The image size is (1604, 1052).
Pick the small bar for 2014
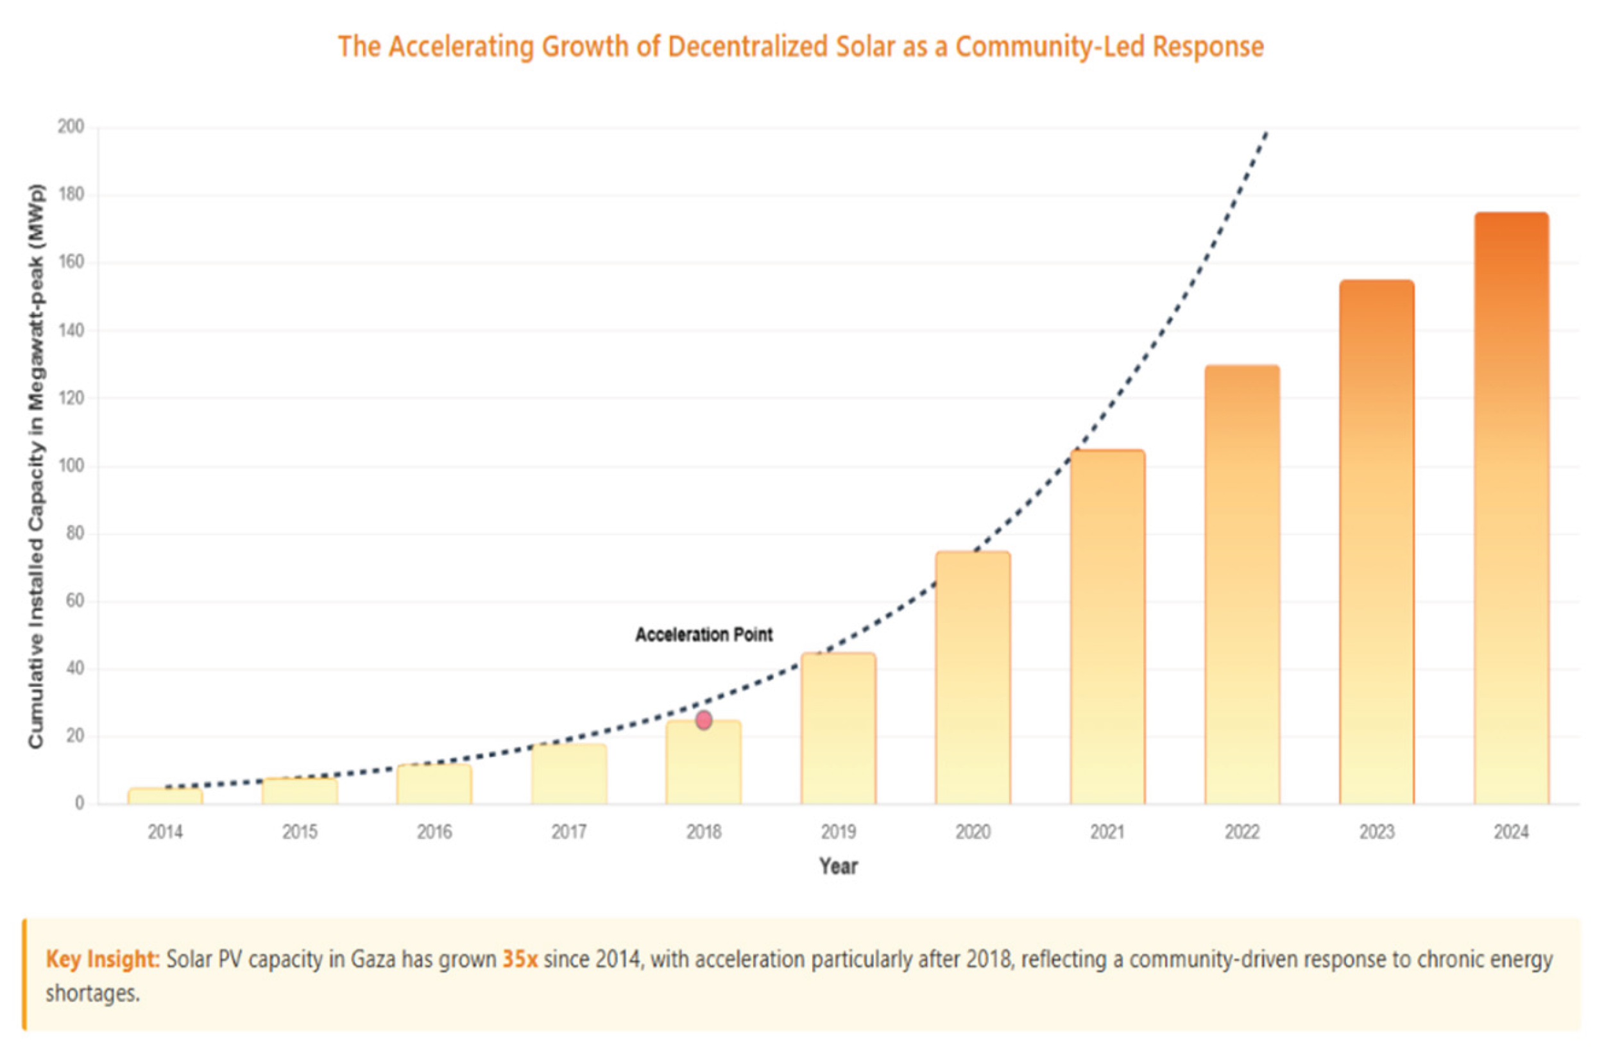click(165, 796)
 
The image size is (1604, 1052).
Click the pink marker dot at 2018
click(704, 720)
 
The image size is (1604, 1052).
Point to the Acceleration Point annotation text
click(704, 635)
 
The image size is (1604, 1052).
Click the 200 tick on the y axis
click(71, 127)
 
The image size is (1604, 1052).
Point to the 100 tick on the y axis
click(71, 466)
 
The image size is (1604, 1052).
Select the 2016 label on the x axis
click(434, 833)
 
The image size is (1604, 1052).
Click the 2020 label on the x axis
click(973, 833)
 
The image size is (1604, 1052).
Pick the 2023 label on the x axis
click(1376, 833)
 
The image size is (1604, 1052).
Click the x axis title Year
click(839, 866)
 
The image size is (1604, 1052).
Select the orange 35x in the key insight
click(520, 959)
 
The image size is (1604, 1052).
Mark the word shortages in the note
click(92, 994)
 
